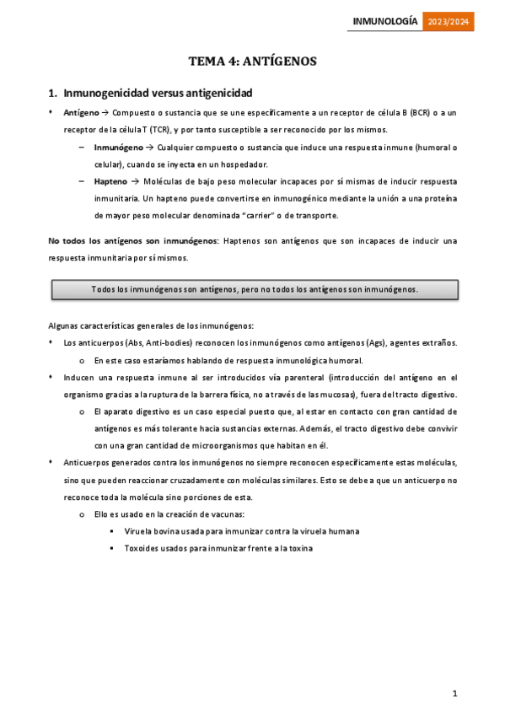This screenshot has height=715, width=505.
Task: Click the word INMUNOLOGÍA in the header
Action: click(384, 23)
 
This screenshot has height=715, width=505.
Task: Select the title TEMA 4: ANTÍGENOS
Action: click(252, 61)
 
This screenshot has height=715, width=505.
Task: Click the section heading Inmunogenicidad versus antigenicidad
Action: click(157, 92)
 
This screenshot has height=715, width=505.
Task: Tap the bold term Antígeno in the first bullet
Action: click(81, 113)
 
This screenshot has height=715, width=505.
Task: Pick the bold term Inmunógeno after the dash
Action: click(119, 147)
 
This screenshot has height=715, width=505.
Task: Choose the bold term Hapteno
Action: click(110, 181)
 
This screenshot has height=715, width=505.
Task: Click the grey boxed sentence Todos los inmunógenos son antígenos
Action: click(255, 289)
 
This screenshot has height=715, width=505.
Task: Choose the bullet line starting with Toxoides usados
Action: click(218, 548)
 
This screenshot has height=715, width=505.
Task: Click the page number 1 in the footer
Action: click(454, 693)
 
